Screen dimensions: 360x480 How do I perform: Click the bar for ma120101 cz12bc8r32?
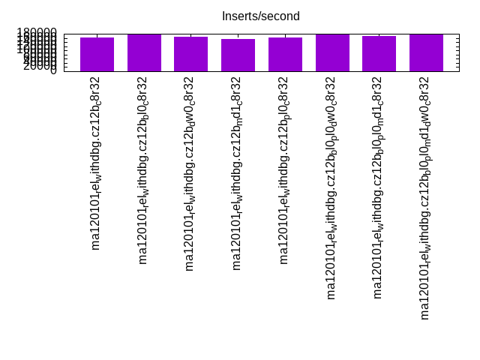pos(97,54)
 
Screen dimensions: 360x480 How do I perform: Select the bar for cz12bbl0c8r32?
pos(144,52)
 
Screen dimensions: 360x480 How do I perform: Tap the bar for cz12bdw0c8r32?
pos(190,54)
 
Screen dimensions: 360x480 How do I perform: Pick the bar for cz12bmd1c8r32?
pos(238,55)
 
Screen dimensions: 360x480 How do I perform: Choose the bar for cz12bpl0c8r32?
pos(285,54)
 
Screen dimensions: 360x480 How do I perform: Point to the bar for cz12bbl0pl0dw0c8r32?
pos(332,52)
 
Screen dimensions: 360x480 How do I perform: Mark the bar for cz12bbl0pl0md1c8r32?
pos(379,53)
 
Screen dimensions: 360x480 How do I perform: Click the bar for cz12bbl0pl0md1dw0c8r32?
pos(426,52)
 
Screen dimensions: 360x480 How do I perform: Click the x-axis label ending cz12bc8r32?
pos(96,163)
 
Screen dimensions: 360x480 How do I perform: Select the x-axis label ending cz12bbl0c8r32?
pos(143,170)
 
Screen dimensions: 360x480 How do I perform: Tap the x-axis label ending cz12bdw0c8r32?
pos(190,173)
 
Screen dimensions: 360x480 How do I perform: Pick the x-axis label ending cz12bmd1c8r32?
pos(237,173)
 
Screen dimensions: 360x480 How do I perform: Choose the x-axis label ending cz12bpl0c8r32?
pos(284,170)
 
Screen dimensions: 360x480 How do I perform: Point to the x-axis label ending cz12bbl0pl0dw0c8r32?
pos(331,187)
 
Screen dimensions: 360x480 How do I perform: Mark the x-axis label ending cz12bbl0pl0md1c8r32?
pos(378,187)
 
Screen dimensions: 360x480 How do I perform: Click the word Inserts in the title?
pos(239,16)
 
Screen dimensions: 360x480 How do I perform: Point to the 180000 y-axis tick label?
pos(37,34)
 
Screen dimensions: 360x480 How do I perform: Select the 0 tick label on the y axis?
pos(53,71)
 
